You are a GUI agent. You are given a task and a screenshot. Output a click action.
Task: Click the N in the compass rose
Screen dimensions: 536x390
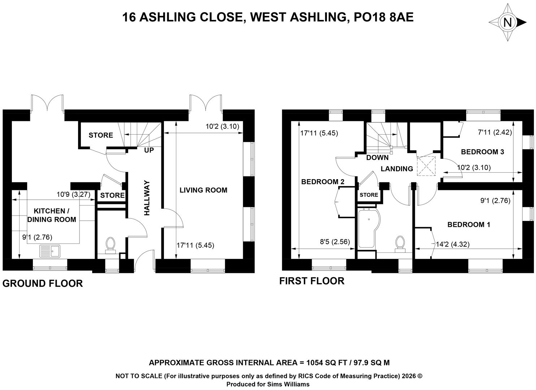coord(507,22)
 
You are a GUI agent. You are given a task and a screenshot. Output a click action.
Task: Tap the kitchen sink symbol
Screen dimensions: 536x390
coord(50,251)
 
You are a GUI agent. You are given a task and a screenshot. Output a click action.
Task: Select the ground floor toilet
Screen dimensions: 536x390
coord(111,245)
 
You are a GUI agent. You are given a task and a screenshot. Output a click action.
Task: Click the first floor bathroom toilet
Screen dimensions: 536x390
coord(400,244)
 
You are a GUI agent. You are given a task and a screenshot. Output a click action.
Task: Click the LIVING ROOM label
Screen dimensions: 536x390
coord(203,190)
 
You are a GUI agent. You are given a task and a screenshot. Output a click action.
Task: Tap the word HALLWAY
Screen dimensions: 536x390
coord(147,198)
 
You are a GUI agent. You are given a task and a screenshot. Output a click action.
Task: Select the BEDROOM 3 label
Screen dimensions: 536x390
coord(483,152)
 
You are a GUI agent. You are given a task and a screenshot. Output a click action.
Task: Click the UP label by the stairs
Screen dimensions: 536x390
coord(149,150)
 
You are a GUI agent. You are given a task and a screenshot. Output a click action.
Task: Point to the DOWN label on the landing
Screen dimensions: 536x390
coord(377,158)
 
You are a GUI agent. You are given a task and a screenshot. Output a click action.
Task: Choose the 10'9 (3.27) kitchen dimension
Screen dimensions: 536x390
coord(73,194)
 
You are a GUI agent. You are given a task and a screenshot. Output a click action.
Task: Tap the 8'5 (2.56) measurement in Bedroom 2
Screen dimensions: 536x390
coord(335,242)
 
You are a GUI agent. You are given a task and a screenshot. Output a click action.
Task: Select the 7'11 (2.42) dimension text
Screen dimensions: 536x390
coord(495,132)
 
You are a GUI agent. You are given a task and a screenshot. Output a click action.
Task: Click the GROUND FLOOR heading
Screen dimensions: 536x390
coord(43,283)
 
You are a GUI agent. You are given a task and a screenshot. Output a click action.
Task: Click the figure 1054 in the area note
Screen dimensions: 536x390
coord(315,363)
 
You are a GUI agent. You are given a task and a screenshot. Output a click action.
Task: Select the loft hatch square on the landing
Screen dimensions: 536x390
coord(426,166)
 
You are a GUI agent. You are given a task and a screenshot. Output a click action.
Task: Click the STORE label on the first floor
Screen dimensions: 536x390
coord(369,195)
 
